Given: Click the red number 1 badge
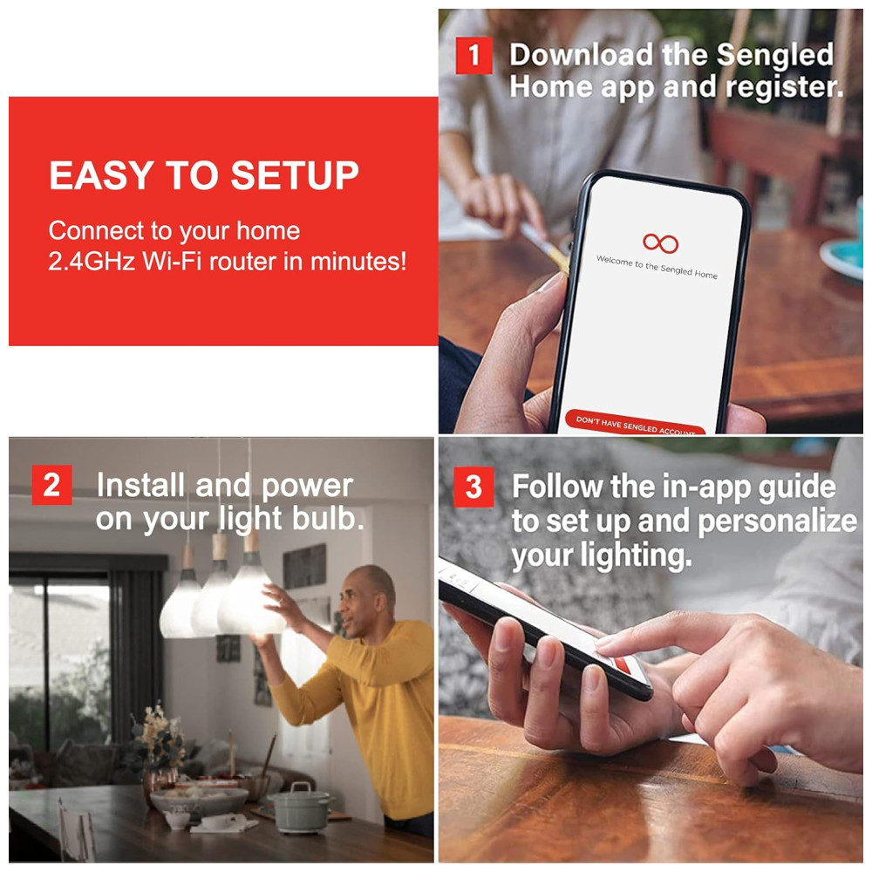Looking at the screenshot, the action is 473,55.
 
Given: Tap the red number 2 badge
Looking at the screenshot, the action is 51,485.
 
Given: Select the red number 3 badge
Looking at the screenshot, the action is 473,487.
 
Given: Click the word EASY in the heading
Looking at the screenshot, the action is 101,175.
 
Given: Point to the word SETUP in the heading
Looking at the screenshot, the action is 295,175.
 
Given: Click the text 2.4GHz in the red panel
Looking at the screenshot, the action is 92,262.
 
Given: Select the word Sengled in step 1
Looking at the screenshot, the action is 774,54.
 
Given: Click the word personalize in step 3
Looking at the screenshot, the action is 777,521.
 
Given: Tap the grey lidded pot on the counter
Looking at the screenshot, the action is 302,807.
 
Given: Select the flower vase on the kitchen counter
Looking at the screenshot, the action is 157,755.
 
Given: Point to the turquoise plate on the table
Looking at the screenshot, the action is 845,257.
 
